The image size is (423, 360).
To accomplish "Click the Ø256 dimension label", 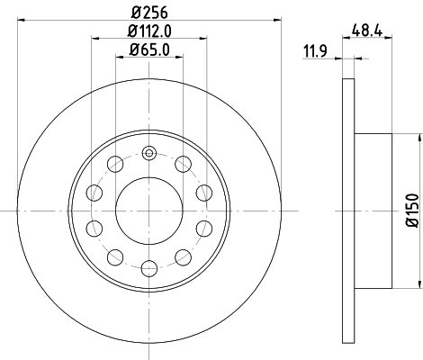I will (149, 11).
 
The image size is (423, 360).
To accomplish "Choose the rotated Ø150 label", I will (409, 209).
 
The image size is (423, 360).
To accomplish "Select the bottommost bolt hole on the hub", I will (149, 266).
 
